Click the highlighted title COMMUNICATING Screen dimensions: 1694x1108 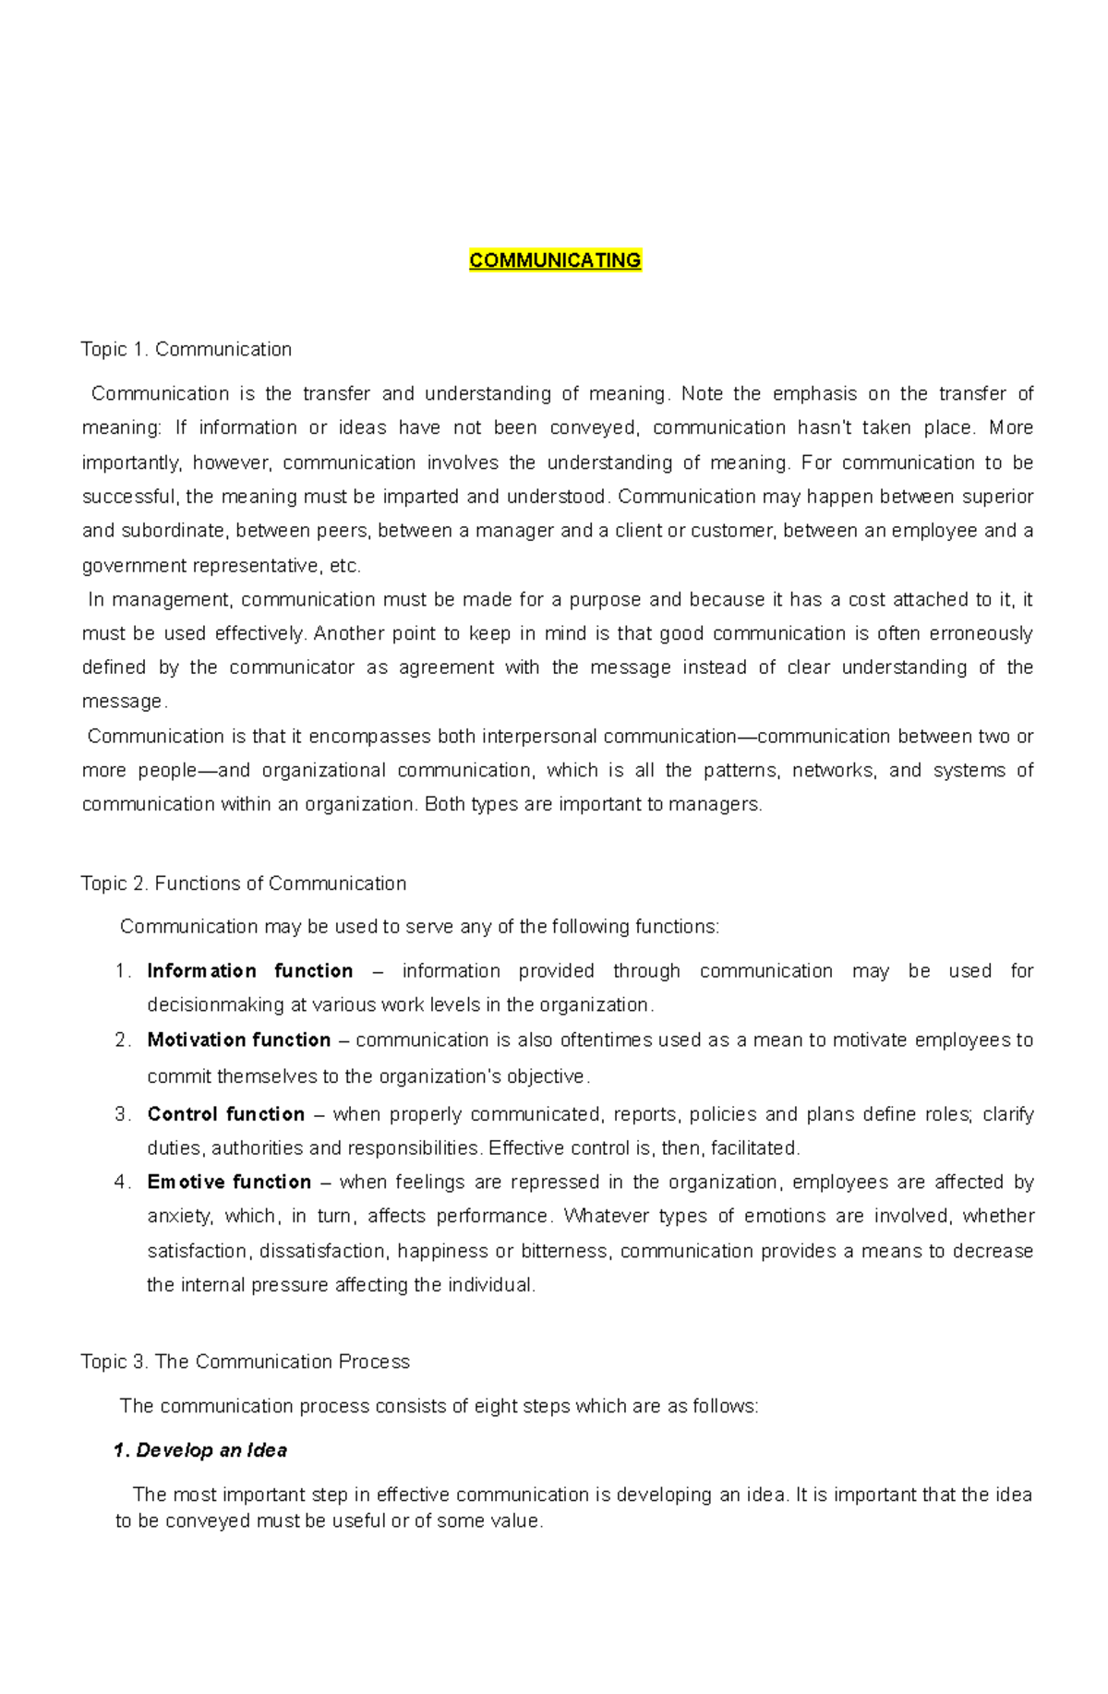(x=555, y=260)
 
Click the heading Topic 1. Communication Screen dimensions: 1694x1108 (x=186, y=349)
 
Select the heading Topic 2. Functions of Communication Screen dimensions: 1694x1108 (x=244, y=883)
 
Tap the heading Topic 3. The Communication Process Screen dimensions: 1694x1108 (x=246, y=1362)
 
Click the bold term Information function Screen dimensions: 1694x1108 (x=249, y=970)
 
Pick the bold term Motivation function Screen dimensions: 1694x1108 (x=238, y=1039)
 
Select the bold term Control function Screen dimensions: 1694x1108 (x=225, y=1114)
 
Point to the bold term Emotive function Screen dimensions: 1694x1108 (x=229, y=1182)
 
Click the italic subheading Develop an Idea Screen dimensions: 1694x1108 (x=211, y=1450)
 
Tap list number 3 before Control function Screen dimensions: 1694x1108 (x=122, y=1114)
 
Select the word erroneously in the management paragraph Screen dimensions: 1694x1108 (x=980, y=633)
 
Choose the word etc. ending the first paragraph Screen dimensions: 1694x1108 (x=345, y=565)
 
